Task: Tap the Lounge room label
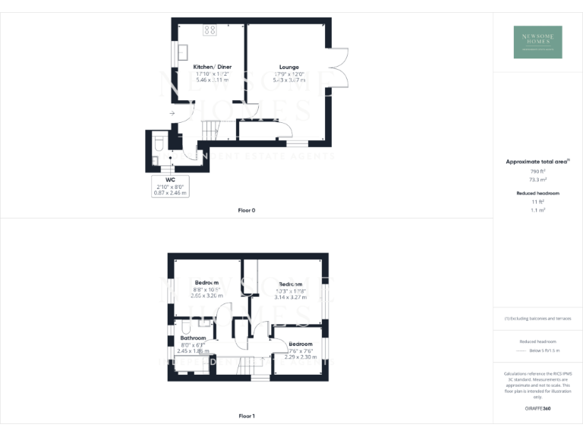point(288,67)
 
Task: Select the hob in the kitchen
point(210,30)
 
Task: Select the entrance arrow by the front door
point(172,114)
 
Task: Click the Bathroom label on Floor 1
point(193,338)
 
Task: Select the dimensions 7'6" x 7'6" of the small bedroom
point(300,351)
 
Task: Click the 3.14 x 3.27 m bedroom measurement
point(290,297)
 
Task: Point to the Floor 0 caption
point(246,209)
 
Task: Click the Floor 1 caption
point(246,416)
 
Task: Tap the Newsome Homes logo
point(537,41)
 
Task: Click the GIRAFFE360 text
point(537,408)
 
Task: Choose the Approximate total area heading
point(536,162)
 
